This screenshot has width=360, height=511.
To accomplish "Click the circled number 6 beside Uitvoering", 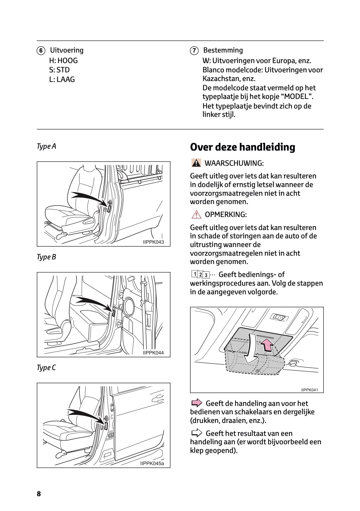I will pyautogui.click(x=40, y=51).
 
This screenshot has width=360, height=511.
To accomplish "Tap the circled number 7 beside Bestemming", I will pyautogui.click(x=194, y=51).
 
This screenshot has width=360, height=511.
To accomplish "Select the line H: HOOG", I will pyautogui.click(x=63, y=61).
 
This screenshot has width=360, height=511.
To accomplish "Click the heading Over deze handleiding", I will pyautogui.click(x=243, y=147).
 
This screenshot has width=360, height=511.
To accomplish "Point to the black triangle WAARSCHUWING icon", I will pyautogui.click(x=196, y=163).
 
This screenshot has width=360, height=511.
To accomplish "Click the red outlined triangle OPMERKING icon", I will pyautogui.click(x=196, y=214).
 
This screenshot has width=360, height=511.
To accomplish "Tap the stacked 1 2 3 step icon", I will pyautogui.click(x=200, y=275).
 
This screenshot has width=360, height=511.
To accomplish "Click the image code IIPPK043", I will pyautogui.click(x=154, y=242).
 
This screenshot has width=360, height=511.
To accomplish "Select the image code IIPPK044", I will pyautogui.click(x=153, y=353).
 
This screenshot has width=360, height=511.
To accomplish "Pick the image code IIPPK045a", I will pyautogui.click(x=152, y=463).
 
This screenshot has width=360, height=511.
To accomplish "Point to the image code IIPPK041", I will pyautogui.click(x=310, y=390).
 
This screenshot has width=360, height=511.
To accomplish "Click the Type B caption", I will pyautogui.click(x=46, y=257).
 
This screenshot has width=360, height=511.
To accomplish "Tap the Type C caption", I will pyautogui.click(x=46, y=368).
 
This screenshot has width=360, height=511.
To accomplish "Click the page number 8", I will pyautogui.click(x=39, y=494).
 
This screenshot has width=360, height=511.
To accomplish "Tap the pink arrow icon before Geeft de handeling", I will pyautogui.click(x=196, y=403).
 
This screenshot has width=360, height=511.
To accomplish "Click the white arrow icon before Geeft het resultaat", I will pyautogui.click(x=196, y=433).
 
